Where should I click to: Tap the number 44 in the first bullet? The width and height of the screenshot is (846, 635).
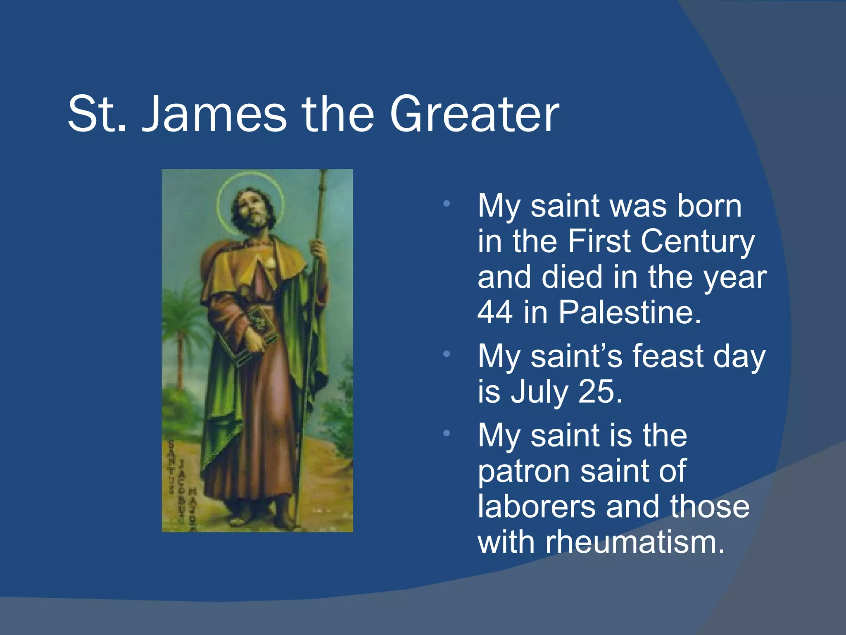tap(495, 312)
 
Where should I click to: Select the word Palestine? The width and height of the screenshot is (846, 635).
tap(630, 312)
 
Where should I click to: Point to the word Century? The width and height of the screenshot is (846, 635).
tap(698, 241)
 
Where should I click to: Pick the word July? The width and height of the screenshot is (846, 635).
tap(539, 392)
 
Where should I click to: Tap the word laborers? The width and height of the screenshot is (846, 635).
tap(537, 506)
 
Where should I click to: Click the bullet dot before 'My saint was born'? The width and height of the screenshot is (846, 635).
tap(446, 204)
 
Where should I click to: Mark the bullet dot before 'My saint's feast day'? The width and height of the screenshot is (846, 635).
tap(446, 354)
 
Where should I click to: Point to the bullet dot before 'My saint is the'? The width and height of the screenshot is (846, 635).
tap(446, 433)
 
